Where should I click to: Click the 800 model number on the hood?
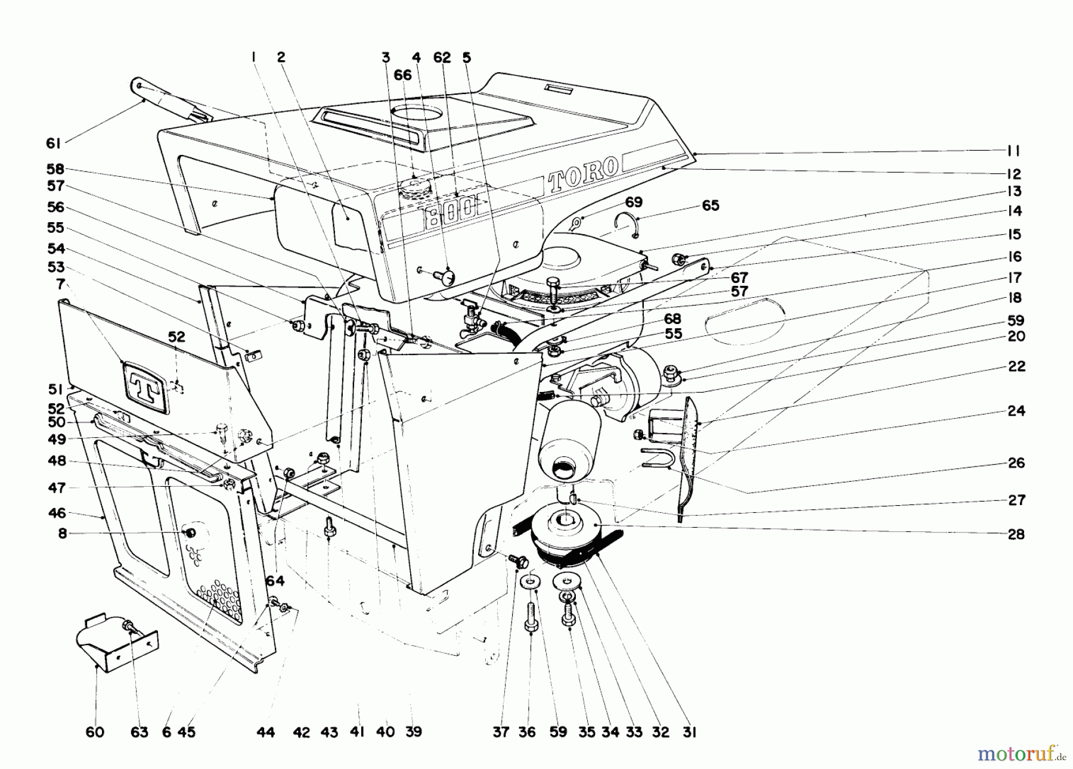tap(451, 208)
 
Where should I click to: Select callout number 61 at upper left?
tap(54, 144)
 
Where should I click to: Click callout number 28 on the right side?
tap(1016, 534)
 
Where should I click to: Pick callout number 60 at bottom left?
tap(95, 732)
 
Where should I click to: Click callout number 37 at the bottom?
tap(501, 732)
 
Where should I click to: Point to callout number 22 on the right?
tap(1016, 366)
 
